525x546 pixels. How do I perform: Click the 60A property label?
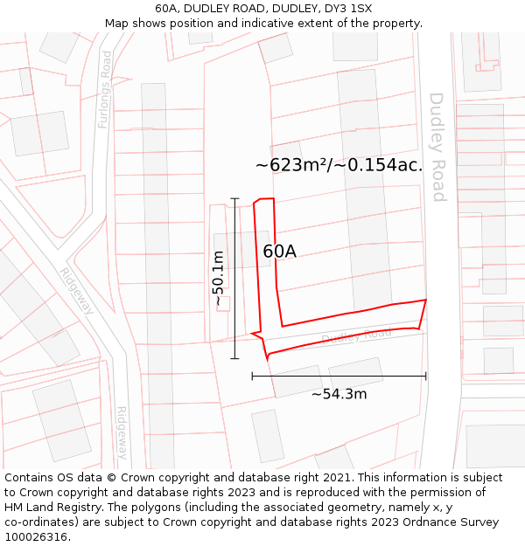[x=279, y=252]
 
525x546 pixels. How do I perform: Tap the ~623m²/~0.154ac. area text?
[x=339, y=164]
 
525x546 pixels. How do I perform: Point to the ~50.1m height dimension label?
[x=219, y=278]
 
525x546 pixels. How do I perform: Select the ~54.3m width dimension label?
[x=339, y=394]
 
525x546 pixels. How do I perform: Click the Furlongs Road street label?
[x=106, y=89]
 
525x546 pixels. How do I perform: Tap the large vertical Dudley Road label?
[x=437, y=147]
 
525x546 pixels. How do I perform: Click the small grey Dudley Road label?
[x=356, y=335]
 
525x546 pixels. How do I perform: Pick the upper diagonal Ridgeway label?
[x=77, y=290]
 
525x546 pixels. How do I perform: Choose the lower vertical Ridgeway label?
[x=122, y=433]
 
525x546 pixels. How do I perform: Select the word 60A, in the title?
[x=171, y=9]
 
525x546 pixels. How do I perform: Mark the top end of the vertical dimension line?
[x=235, y=198]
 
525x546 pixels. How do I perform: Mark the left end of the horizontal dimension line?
[x=252, y=377]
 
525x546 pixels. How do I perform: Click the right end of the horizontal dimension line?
[x=426, y=377]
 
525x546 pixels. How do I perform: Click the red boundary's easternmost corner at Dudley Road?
[x=426, y=300]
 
